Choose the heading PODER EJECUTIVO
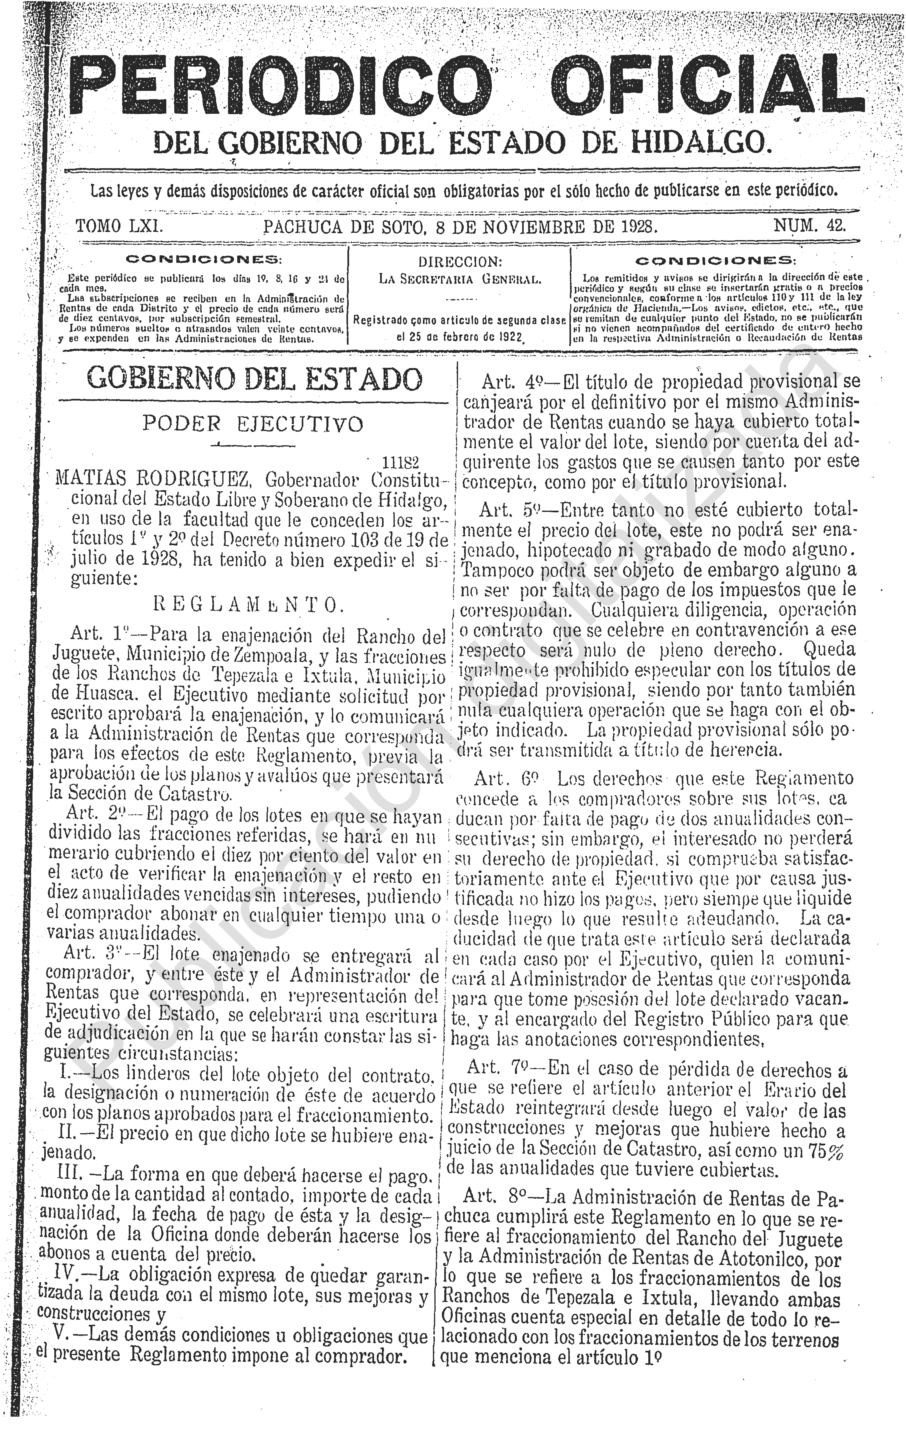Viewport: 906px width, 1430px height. coord(252,424)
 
